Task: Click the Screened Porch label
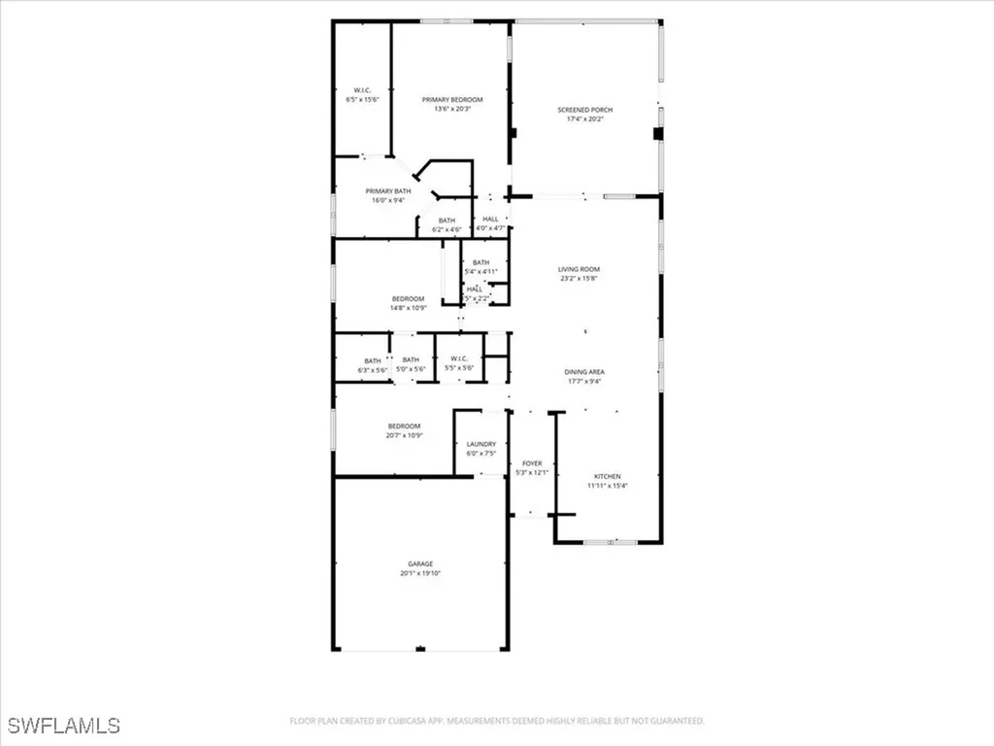[x=584, y=110]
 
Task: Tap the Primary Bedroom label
[x=451, y=99]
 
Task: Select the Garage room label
[x=419, y=563]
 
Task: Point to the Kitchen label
[x=608, y=476]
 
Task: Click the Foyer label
[x=532, y=463]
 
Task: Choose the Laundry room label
[x=480, y=444]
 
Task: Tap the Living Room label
[x=579, y=269]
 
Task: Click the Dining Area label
[x=583, y=372]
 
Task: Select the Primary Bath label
[x=388, y=190]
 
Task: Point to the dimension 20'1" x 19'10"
[x=419, y=573]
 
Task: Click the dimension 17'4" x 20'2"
[x=584, y=119]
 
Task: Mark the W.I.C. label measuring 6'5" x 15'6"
[x=363, y=90]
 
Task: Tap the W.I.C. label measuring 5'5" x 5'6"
[x=458, y=359]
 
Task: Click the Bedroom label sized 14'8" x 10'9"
[x=408, y=298]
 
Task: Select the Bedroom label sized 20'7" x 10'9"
[x=404, y=426]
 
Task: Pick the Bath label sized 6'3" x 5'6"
[x=373, y=359]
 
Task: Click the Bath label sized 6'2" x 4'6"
[x=447, y=220]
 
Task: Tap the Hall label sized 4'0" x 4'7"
[x=490, y=220]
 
